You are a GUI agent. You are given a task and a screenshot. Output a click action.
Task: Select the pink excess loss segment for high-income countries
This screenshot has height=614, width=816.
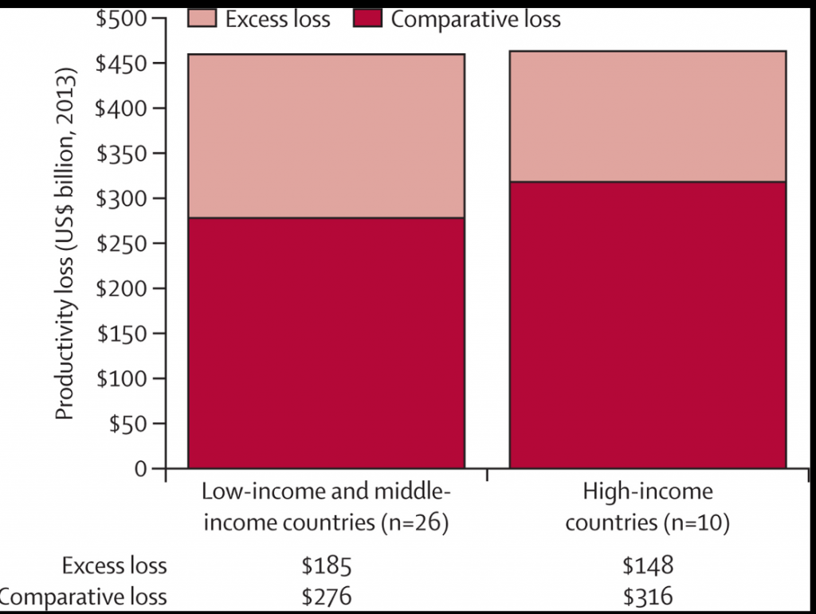point(647,116)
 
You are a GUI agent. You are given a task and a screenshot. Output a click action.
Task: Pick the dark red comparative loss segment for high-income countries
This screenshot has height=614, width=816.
point(647,325)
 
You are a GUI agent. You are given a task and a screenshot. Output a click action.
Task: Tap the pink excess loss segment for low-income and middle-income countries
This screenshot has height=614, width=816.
point(326,135)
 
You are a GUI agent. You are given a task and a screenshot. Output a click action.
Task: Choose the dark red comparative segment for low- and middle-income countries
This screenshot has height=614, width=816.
point(326,342)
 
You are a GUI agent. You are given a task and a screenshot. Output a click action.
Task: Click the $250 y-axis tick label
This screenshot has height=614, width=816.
point(121,243)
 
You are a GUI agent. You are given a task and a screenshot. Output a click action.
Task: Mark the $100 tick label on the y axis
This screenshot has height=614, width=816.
point(121,378)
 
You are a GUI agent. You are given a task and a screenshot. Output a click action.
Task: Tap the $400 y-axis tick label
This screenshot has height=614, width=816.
point(121,108)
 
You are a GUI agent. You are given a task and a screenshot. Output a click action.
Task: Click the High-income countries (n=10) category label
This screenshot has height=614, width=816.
point(647,507)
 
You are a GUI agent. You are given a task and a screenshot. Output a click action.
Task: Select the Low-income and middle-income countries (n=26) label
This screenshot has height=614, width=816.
point(326,507)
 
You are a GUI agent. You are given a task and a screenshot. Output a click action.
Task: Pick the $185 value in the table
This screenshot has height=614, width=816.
point(326,566)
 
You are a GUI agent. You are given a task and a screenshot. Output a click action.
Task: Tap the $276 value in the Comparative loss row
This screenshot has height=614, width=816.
point(326,596)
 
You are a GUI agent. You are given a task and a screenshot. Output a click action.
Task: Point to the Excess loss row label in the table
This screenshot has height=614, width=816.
point(115,566)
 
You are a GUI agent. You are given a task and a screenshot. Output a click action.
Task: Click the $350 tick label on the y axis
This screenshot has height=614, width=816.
point(121,153)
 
